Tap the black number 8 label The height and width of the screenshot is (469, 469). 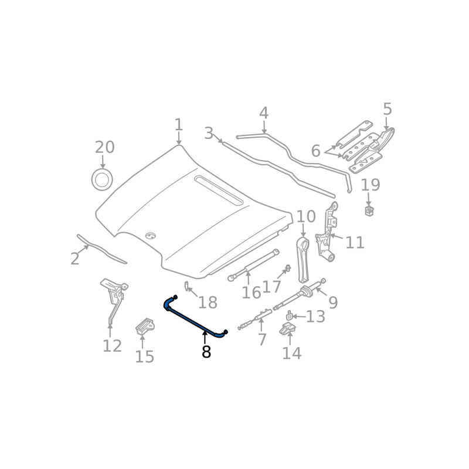pos(206,352)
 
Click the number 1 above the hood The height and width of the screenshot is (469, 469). pos(179,125)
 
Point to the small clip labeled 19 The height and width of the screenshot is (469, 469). pos(369,210)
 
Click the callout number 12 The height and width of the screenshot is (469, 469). pos(112,346)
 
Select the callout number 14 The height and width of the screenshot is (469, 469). pos(291,353)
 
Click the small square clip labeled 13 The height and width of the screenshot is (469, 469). pos(290,317)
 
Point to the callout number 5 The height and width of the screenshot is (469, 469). pos(387,109)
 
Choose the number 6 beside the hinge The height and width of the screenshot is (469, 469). pos(315,151)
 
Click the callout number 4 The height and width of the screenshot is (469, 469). pos(264,113)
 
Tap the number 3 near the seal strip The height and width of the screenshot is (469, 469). pos(209,133)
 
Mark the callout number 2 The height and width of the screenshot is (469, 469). pos(74,259)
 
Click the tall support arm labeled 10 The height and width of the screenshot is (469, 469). pos(303,258)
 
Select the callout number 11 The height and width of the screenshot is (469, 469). pos(355,242)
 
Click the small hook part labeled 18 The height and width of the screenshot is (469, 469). pos(187,286)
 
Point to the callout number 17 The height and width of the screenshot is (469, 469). pos(271,287)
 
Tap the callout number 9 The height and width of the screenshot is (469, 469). pos(333,303)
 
